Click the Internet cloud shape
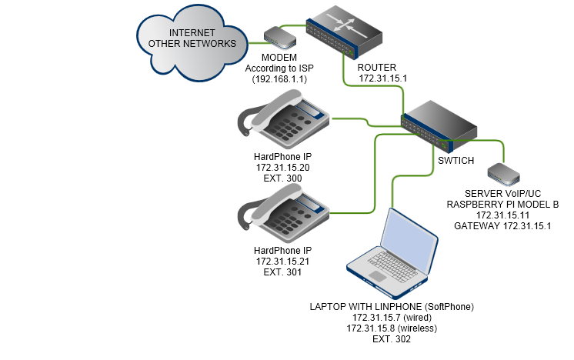192,43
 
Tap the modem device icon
279,38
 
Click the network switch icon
439,126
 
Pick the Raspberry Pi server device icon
504,174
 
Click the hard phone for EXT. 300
283,119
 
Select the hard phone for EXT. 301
283,213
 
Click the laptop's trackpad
378,276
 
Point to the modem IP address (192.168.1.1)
279,79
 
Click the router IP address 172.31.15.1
383,78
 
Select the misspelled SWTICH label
456,161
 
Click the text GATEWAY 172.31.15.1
502,226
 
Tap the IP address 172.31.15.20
282,168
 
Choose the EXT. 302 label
392,339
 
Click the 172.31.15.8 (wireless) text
392,328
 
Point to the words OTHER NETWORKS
192,44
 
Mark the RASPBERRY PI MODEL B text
502,205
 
